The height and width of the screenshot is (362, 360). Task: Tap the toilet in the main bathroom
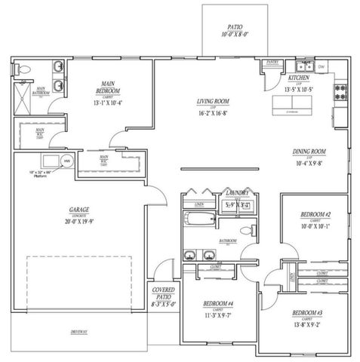coord(25,69)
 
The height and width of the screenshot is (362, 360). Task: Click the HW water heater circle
coord(66,161)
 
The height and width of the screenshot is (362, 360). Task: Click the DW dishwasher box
coord(322,67)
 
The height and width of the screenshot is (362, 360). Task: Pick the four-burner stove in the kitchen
coord(340,93)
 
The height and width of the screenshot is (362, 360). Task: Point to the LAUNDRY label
coord(239,194)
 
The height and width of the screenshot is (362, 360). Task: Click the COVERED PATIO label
coord(164,293)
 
